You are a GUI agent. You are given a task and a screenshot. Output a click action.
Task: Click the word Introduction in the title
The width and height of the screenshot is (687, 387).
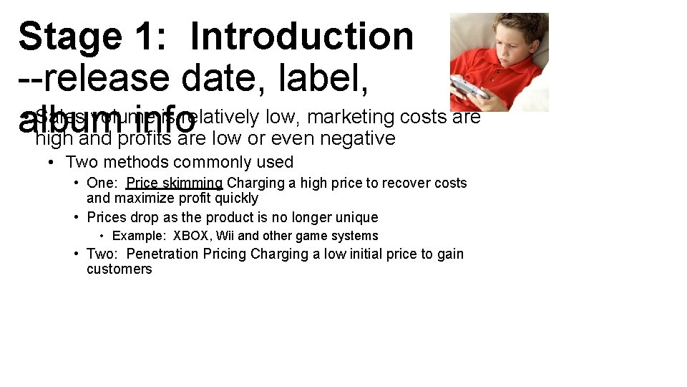(302, 36)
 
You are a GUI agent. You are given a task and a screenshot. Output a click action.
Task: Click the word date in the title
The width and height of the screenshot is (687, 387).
(228, 79)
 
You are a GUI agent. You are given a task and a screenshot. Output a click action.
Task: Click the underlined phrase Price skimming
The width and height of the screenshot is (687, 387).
(175, 183)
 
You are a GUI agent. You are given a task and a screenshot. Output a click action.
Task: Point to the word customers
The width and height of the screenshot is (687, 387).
(120, 269)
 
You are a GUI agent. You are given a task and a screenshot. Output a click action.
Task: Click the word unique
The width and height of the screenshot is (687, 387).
(356, 217)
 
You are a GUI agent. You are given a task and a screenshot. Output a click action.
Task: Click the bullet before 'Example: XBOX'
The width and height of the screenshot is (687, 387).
(103, 236)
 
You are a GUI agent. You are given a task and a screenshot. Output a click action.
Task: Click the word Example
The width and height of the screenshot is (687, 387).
(139, 236)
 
